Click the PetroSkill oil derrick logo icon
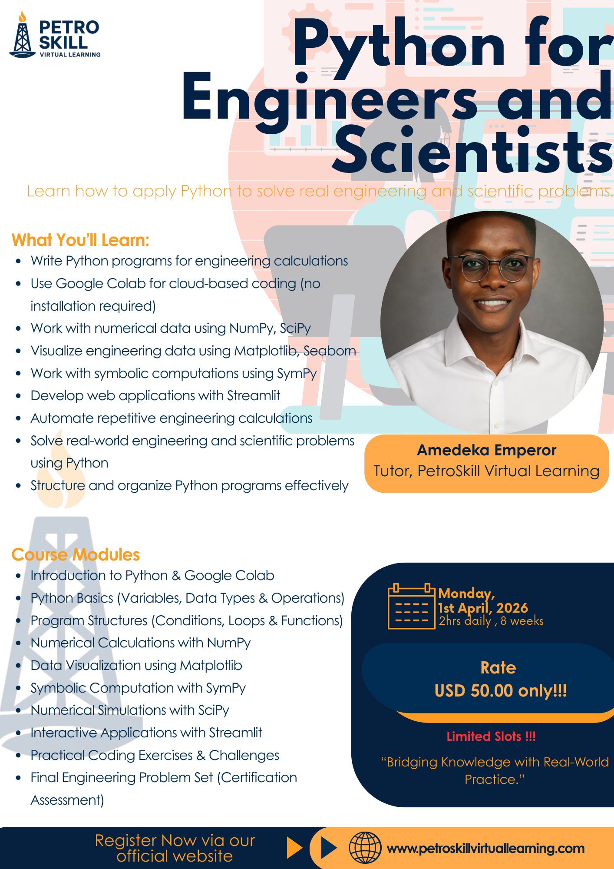click(23, 37)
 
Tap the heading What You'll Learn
click(80, 240)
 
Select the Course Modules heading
click(76, 554)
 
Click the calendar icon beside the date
click(411, 607)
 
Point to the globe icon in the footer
click(365, 848)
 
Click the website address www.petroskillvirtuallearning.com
click(485, 848)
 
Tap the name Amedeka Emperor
click(486, 450)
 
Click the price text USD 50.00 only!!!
click(500, 690)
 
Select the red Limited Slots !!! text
click(491, 736)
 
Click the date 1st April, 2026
click(483, 607)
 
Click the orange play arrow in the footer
click(294, 848)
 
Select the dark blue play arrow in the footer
click(328, 848)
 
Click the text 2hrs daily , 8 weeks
click(491, 621)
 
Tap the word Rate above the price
click(498, 667)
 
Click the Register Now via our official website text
click(175, 848)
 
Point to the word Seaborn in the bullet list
click(330, 351)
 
